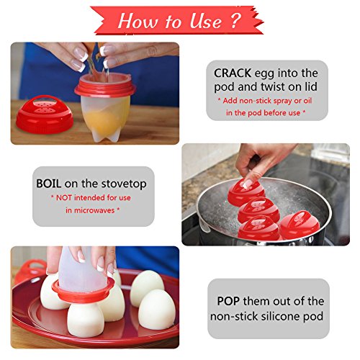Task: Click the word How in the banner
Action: pyautogui.click(x=137, y=21)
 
